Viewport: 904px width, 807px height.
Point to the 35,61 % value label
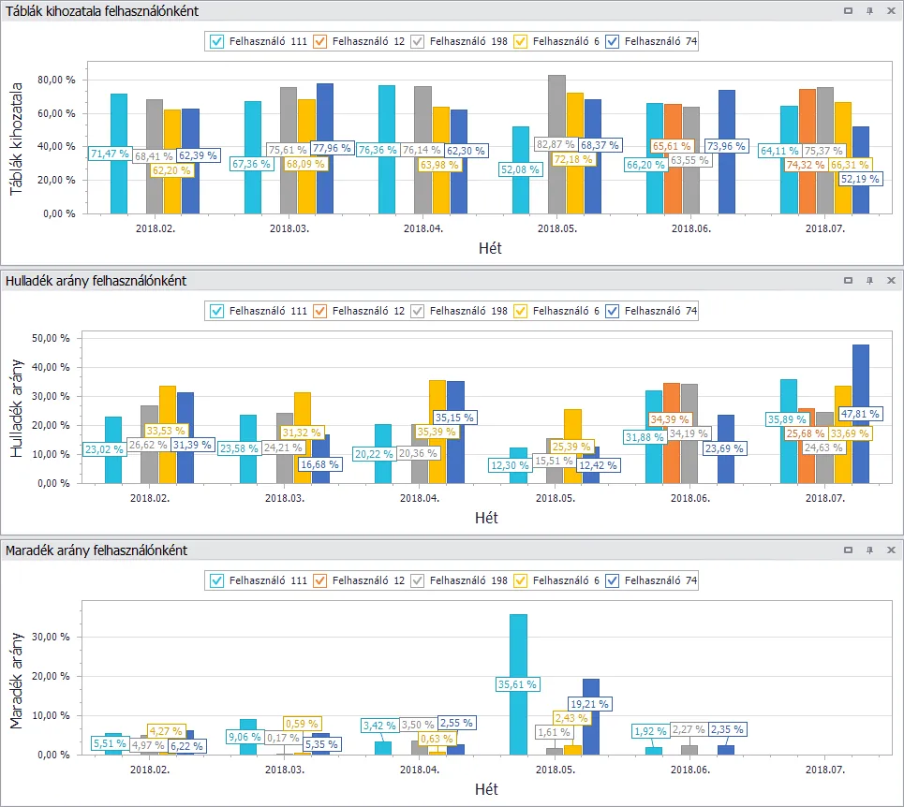[518, 684]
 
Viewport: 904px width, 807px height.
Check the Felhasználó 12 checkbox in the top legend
[320, 41]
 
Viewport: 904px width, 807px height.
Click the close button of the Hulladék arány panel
[890, 280]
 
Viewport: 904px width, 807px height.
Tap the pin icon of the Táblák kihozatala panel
[869, 10]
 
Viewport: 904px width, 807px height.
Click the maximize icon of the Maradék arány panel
[848, 550]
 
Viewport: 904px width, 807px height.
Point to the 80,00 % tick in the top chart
[56, 80]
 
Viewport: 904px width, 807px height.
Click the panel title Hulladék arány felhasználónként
[96, 280]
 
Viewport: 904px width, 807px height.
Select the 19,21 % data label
[590, 704]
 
